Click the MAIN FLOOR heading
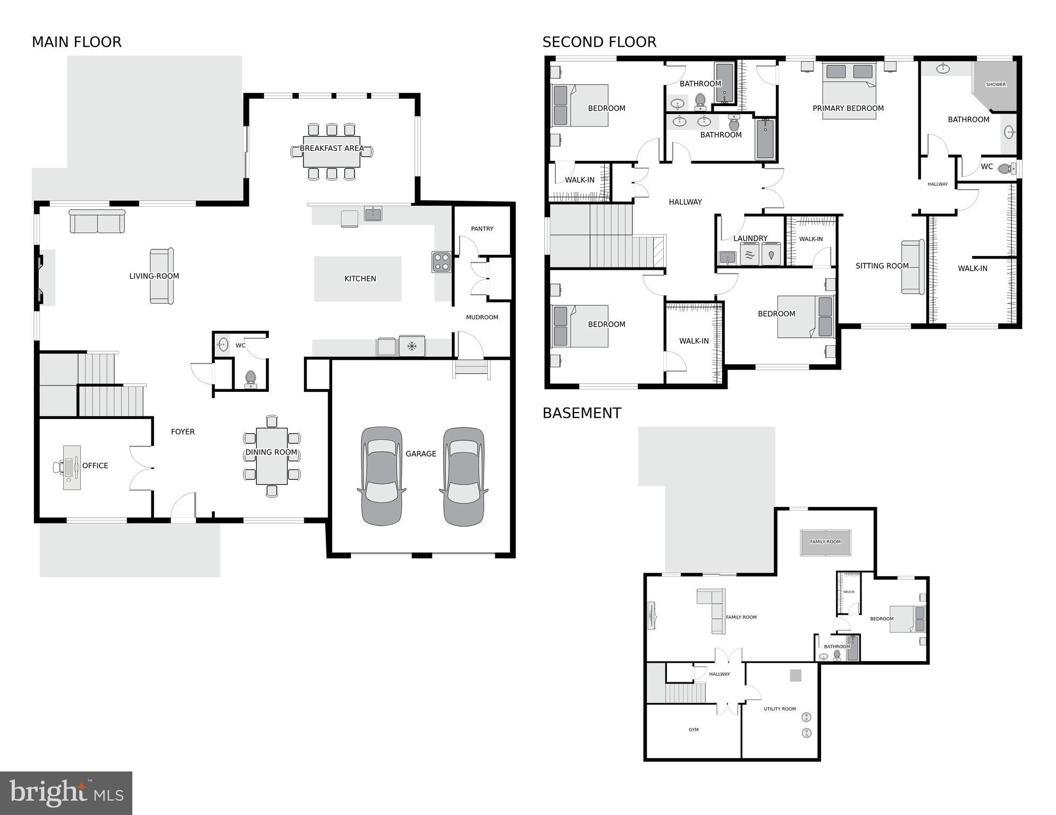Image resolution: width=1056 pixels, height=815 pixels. coord(77,42)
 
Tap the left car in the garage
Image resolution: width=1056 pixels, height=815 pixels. coord(381,476)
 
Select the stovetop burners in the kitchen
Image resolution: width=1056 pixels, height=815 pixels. coord(441,262)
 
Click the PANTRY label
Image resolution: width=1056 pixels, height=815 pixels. coord(482,229)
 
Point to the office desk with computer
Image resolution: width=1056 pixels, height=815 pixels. coord(71,467)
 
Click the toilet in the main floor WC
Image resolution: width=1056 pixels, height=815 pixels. coord(250,379)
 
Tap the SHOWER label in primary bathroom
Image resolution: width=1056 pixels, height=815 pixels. coord(995,84)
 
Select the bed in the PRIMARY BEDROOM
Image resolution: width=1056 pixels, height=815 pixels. coord(849,90)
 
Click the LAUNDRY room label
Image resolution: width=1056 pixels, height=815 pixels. coord(750,238)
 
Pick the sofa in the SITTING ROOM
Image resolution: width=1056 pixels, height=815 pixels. coord(913,267)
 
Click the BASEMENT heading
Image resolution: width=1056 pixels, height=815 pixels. coord(581,413)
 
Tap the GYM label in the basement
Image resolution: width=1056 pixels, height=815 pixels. coord(694,730)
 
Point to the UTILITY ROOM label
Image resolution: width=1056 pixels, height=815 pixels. coord(780,709)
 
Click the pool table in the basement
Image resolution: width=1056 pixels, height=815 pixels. coord(825,542)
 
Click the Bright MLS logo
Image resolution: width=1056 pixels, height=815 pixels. coord(66,793)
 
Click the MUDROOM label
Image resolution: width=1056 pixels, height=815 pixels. coord(482,318)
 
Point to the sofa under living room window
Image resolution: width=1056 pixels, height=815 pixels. coord(97,221)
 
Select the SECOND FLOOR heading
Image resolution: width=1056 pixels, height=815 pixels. coord(599,42)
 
